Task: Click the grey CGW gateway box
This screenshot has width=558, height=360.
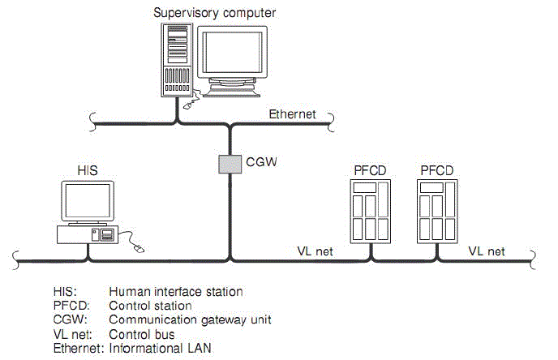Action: [230, 163]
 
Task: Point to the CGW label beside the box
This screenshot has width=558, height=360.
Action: [261, 162]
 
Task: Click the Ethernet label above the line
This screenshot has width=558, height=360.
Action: [292, 114]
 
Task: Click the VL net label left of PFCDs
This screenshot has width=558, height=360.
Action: [315, 251]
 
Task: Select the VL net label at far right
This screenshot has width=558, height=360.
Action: [487, 251]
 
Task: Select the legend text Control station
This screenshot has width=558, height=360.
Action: [150, 306]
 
